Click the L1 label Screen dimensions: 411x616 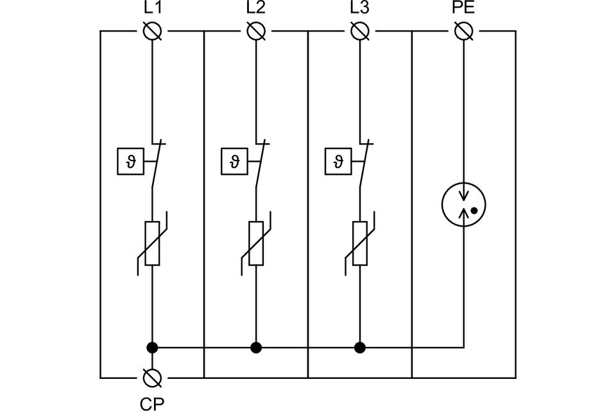(x=152, y=10)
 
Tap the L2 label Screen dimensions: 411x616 (x=255, y=10)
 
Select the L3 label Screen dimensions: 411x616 (x=360, y=10)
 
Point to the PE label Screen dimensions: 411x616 (x=463, y=10)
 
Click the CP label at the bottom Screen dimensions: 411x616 (x=152, y=403)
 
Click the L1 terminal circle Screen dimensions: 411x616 (x=152, y=31)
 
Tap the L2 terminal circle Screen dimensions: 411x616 (x=256, y=31)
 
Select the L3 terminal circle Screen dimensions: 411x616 (x=360, y=31)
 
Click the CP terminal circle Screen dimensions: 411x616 (x=152, y=377)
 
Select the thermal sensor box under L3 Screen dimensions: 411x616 (x=337, y=161)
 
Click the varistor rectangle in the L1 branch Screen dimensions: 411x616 (x=152, y=243)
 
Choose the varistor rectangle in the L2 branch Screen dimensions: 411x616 (x=256, y=243)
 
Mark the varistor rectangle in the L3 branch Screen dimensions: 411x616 (x=360, y=243)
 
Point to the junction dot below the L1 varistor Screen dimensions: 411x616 (x=152, y=347)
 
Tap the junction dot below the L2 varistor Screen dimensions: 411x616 (x=256, y=347)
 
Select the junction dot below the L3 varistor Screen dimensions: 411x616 (x=360, y=347)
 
